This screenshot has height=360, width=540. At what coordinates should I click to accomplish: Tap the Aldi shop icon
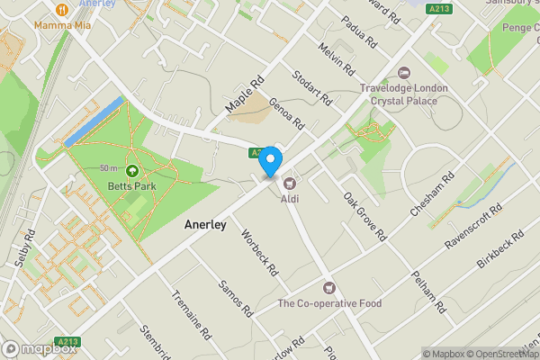point(290,184)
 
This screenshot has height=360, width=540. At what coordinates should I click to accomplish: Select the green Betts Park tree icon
point(132,171)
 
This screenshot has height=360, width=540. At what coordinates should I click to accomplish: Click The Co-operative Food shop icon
point(329,288)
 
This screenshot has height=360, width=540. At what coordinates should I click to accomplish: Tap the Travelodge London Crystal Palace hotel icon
point(402,73)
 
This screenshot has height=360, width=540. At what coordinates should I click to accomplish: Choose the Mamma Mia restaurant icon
point(61,10)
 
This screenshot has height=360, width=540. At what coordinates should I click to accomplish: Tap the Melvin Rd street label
point(337,58)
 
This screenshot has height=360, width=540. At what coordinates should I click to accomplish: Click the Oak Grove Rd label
point(364,216)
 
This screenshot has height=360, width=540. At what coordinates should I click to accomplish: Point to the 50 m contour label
point(109,168)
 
